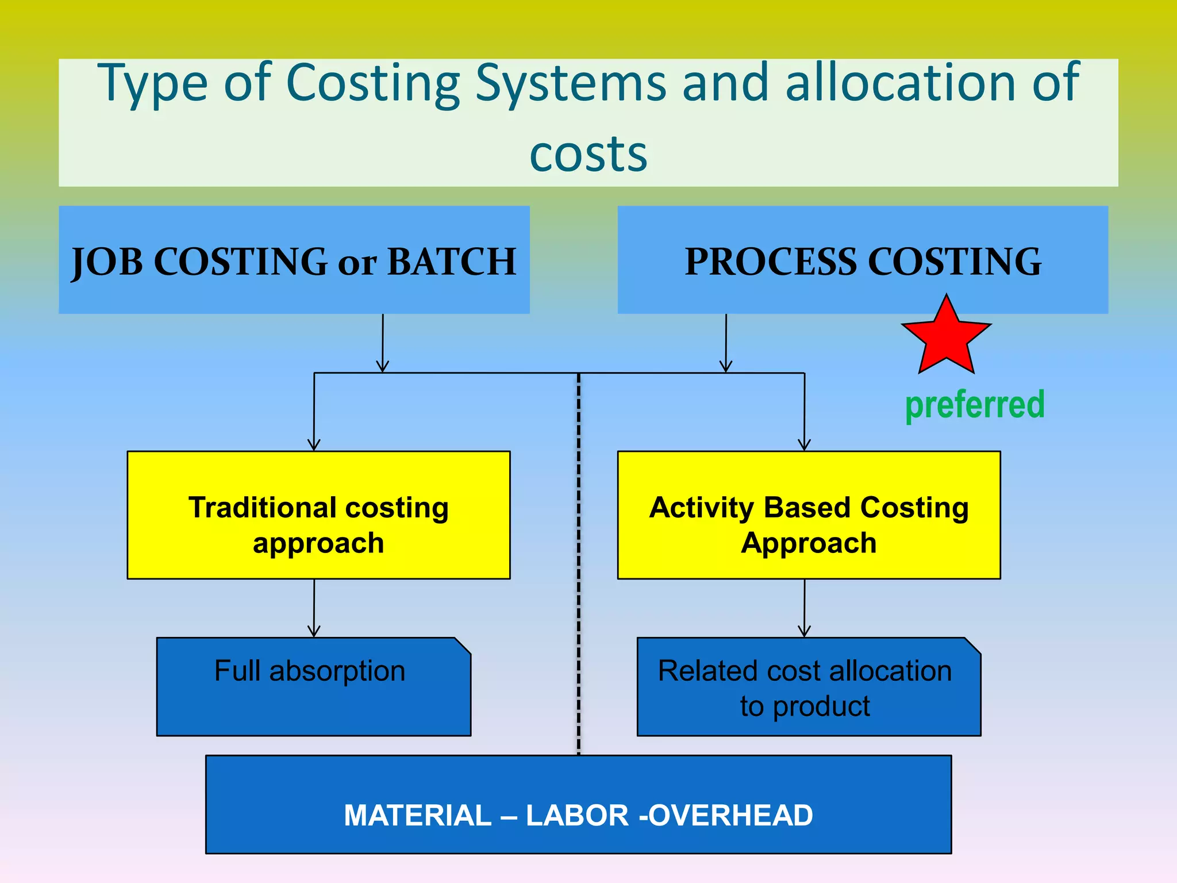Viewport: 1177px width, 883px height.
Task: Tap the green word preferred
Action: pos(975,405)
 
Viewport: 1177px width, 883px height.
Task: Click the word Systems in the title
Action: pos(571,84)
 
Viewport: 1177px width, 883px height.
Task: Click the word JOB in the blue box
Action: pos(107,262)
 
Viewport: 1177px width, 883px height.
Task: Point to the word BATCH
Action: pos(452,262)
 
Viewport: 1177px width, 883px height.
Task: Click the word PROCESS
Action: pos(771,262)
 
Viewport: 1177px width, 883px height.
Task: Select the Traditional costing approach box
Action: pos(318,515)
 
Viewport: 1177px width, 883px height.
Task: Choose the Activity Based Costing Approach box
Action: pos(809,515)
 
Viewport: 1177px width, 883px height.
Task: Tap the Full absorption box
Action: pos(313,687)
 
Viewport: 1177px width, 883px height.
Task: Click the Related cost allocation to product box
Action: pos(809,687)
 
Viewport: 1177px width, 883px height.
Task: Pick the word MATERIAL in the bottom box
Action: pos(418,815)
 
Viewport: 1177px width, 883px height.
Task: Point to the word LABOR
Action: pos(577,815)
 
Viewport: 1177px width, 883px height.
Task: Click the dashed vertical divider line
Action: pos(579,563)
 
